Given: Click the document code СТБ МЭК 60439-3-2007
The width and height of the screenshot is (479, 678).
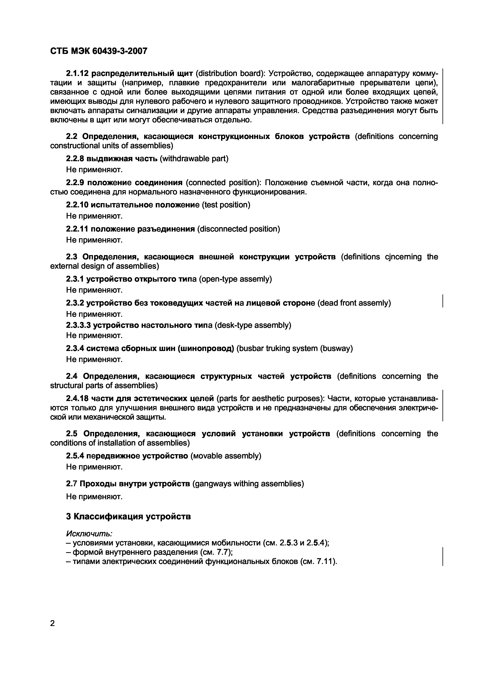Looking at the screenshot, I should pos(99,51).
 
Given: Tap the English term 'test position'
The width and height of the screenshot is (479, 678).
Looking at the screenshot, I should pos(226,205).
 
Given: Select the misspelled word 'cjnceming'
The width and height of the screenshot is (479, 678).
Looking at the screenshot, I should pos(403,257).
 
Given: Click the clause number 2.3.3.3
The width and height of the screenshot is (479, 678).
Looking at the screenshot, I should pos(78,325).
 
